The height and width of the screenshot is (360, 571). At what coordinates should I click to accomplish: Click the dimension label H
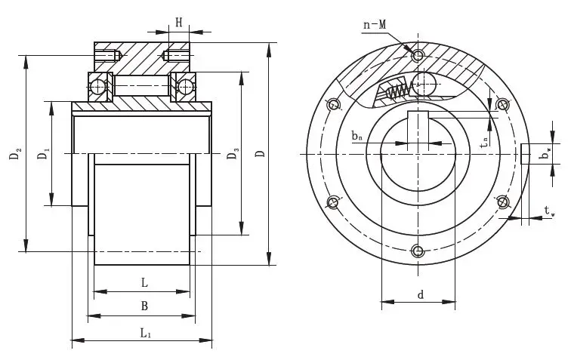point(179,22)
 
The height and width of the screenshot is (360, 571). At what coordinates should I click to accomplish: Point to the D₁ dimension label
point(43,154)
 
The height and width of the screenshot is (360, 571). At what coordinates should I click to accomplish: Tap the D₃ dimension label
point(233,155)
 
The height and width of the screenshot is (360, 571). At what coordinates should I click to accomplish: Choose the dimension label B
point(144,306)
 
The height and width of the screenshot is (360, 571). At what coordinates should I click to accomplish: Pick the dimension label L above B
point(144,282)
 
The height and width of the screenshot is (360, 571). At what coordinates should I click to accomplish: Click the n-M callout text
point(375,24)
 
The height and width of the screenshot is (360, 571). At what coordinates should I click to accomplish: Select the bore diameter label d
point(419,294)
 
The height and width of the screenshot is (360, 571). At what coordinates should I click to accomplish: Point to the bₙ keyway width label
point(357,137)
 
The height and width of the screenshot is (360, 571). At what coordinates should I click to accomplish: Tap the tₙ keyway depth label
point(483,140)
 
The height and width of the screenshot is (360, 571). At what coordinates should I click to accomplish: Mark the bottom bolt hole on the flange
point(418,251)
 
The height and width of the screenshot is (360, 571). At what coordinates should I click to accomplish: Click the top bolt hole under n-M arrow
point(418,55)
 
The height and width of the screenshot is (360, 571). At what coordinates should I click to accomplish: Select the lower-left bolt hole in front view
point(333,202)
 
